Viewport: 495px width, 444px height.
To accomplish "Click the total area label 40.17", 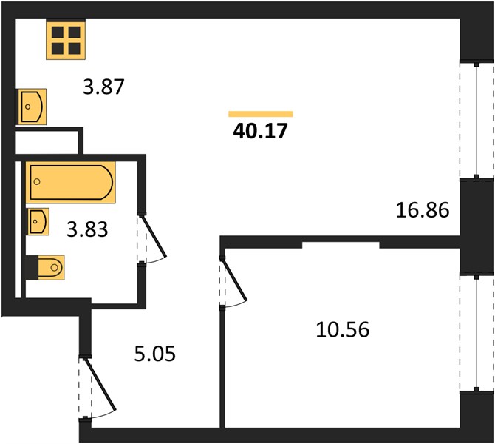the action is [x=261, y=131].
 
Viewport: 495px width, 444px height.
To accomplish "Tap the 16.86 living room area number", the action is [x=423, y=210].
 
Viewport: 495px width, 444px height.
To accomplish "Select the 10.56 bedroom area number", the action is [x=343, y=329].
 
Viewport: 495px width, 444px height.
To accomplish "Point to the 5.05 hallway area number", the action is [x=154, y=354].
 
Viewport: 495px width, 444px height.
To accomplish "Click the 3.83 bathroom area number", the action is [x=87, y=229].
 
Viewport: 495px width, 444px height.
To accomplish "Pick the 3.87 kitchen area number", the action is [x=104, y=87].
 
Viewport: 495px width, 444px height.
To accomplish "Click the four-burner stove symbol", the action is [x=66, y=39].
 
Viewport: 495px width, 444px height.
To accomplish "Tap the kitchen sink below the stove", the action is [x=33, y=107].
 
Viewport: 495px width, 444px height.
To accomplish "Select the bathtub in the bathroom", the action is [x=70, y=182].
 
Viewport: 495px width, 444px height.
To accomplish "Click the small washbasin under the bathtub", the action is [x=38, y=221].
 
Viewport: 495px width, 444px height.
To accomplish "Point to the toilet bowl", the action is [x=51, y=268].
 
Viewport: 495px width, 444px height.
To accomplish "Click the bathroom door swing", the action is [x=152, y=238].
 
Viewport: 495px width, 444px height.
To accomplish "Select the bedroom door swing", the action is [x=233, y=282].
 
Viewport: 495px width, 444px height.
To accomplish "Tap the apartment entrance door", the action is [x=98, y=388].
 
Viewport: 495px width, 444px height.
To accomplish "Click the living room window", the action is [x=477, y=121].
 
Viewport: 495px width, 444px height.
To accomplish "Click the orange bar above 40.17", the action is [x=261, y=114].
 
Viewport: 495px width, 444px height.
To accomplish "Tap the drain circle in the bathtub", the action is [x=37, y=181].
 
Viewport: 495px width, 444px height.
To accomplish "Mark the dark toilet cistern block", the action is [x=32, y=268].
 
